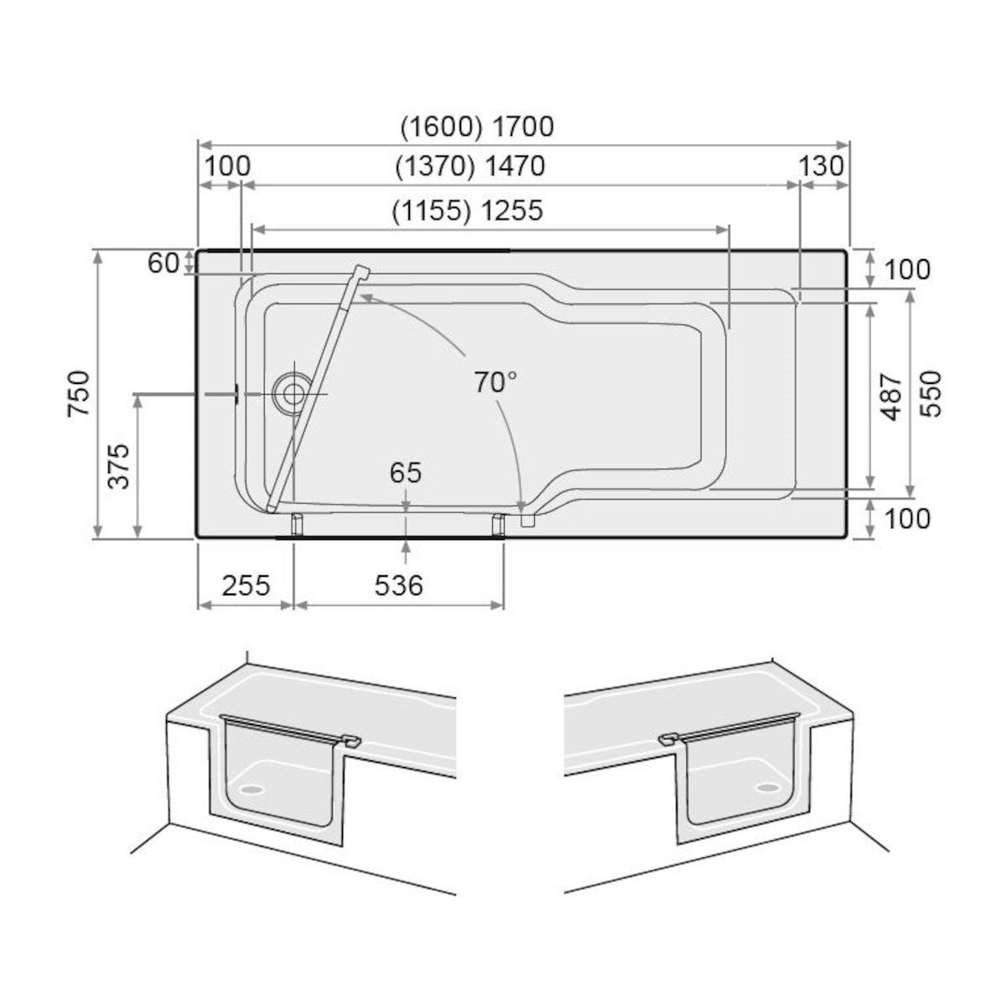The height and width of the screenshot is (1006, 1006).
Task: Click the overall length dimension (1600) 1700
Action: pyautogui.click(x=476, y=127)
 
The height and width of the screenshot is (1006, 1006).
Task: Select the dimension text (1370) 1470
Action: pyautogui.click(x=469, y=167)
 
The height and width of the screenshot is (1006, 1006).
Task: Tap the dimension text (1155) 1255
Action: pyautogui.click(x=468, y=210)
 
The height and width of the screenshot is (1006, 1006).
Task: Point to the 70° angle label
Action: pyautogui.click(x=495, y=383)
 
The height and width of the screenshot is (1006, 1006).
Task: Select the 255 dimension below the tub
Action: pyautogui.click(x=246, y=584)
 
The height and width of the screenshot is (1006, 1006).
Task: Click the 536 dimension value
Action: pyautogui.click(x=398, y=584)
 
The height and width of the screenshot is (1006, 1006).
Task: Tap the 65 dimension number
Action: pyautogui.click(x=405, y=473)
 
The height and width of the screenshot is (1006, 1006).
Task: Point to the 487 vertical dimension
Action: pyautogui.click(x=894, y=396)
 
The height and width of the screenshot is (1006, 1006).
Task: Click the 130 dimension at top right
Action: pyautogui.click(x=822, y=166)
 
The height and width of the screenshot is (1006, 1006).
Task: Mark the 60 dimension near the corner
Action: pyautogui.click(x=163, y=263)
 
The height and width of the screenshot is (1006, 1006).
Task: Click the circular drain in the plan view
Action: pyautogui.click(x=292, y=392)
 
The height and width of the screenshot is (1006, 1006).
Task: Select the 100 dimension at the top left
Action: pyautogui.click(x=227, y=166)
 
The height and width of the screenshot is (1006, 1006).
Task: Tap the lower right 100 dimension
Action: pyautogui.click(x=907, y=518)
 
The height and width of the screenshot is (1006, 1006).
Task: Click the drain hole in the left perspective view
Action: pyautogui.click(x=249, y=788)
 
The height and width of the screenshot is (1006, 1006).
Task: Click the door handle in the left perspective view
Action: pyautogui.click(x=352, y=740)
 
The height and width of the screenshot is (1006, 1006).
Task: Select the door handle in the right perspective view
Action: pyautogui.click(x=668, y=739)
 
